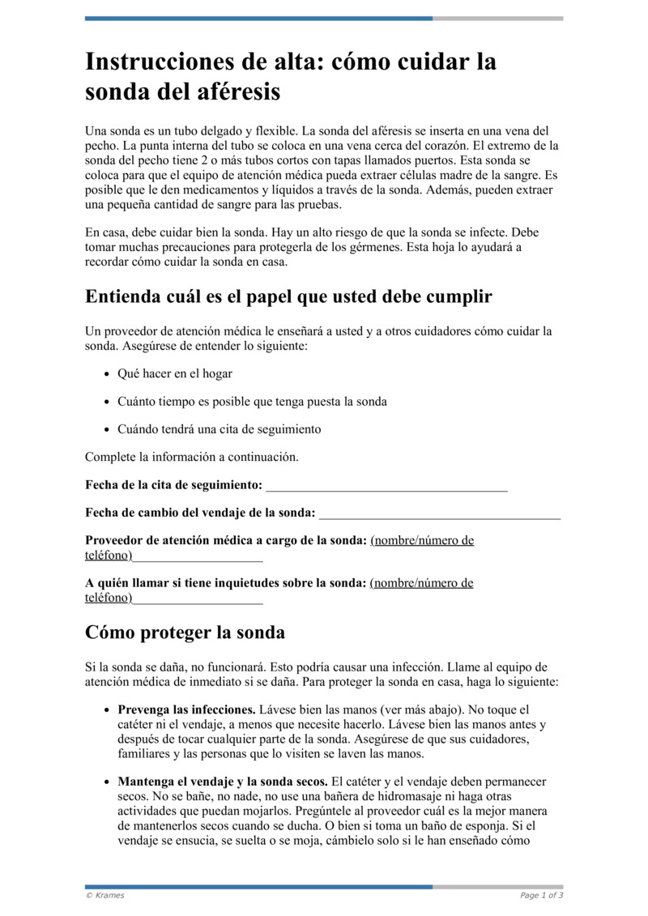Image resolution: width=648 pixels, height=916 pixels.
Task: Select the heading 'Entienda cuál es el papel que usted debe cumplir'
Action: pos(288,296)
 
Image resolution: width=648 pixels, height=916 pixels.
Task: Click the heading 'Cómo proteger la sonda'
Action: pos(185,632)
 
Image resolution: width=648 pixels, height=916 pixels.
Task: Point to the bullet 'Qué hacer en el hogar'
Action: pos(175,374)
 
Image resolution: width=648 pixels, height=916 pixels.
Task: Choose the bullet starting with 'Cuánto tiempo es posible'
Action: pos(252,402)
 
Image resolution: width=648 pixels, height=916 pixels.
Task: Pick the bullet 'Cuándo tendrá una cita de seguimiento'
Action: pos(219,429)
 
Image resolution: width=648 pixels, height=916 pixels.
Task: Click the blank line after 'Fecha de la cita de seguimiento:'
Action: pos(386,485)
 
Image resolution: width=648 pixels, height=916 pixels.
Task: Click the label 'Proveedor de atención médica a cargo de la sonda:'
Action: pos(226,540)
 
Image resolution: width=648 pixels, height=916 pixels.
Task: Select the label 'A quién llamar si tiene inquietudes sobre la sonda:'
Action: pos(226,582)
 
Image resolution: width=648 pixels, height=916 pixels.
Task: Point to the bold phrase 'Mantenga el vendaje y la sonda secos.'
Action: pos(223,782)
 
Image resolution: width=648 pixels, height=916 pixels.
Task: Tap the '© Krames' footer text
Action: pos(105,895)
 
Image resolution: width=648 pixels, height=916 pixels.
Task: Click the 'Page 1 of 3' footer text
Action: pos(541,895)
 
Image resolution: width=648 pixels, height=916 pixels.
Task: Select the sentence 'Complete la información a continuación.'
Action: pos(192,457)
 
